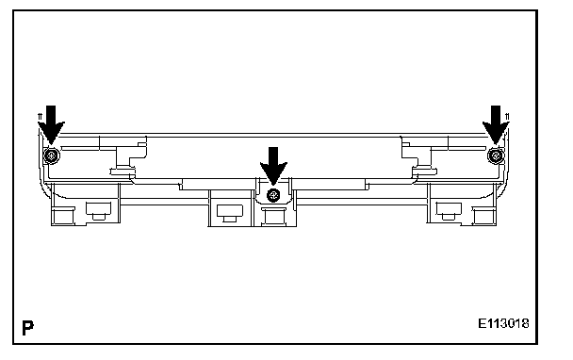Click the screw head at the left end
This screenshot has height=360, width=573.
pyautogui.click(x=52, y=155)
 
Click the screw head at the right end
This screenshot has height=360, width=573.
pyautogui.click(x=496, y=155)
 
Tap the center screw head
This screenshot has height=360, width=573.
pyautogui.click(x=273, y=195)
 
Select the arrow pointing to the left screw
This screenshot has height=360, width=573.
pyautogui.click(x=51, y=124)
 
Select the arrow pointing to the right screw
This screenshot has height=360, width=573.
pyautogui.click(x=496, y=124)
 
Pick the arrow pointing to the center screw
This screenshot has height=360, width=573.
pyautogui.click(x=273, y=166)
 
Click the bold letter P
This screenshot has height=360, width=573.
pyautogui.click(x=27, y=327)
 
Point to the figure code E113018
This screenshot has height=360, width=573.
pyautogui.click(x=503, y=323)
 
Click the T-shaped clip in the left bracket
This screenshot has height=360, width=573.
pyautogui.click(x=98, y=211)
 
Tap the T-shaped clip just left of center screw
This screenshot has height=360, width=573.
pyautogui.click(x=230, y=213)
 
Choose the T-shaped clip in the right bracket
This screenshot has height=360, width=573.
pyautogui.click(x=449, y=211)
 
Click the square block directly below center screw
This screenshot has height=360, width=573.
pyautogui.click(x=273, y=217)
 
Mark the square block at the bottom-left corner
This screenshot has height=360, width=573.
pyautogui.click(x=63, y=216)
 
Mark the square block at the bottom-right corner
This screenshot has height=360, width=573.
pyautogui.click(x=484, y=216)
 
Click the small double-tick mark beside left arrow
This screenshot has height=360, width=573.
pyautogui.click(x=41, y=117)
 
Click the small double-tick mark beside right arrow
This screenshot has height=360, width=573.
pyautogui.click(x=507, y=117)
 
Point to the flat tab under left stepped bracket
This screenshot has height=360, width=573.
pyautogui.click(x=123, y=171)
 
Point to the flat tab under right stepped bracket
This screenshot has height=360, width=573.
pyautogui.click(x=425, y=171)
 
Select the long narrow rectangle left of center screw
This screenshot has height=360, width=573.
pyautogui.click(x=217, y=185)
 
